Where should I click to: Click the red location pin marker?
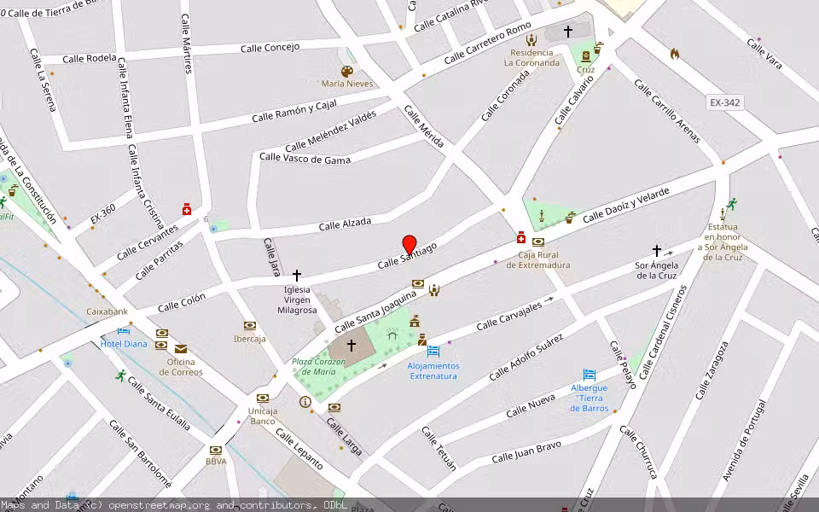(x=409, y=244)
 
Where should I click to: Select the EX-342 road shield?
(x=724, y=102)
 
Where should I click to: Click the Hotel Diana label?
(x=124, y=344)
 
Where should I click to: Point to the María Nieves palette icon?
(x=346, y=72)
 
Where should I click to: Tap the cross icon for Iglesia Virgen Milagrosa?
(x=297, y=276)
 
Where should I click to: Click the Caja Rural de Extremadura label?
(x=537, y=259)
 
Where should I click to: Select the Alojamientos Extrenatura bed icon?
(x=433, y=351)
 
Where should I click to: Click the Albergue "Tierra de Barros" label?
(x=590, y=398)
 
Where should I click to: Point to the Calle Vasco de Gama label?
(x=305, y=157)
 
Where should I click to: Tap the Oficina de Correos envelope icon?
(x=181, y=348)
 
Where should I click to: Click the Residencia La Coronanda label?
(x=531, y=57)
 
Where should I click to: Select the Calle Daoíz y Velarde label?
(x=625, y=205)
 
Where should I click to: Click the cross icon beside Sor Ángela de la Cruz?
(x=657, y=251)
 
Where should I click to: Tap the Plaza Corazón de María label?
(x=319, y=366)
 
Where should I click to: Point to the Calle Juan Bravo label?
(x=526, y=452)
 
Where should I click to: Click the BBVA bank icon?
(x=216, y=450)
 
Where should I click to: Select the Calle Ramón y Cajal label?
(x=293, y=111)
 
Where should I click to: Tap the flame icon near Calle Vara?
(x=675, y=54)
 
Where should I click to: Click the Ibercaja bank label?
(x=250, y=338)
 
